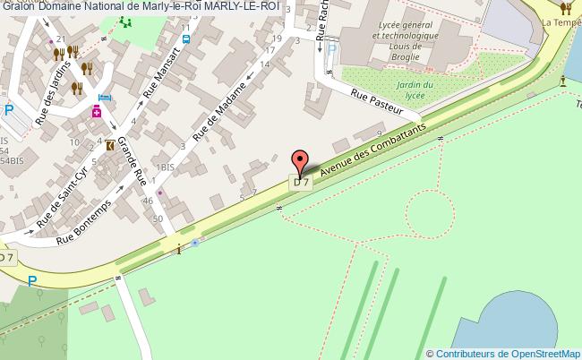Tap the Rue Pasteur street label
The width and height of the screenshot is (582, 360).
point(385,103)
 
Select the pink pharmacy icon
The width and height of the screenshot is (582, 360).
point(97,113)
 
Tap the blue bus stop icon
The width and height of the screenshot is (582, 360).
point(185,39)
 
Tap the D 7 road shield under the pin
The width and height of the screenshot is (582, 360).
point(301,183)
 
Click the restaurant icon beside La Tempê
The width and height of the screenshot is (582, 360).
point(565,9)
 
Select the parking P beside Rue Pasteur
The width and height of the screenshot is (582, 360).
point(330,51)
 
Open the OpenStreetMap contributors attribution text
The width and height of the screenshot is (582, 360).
point(504,353)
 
